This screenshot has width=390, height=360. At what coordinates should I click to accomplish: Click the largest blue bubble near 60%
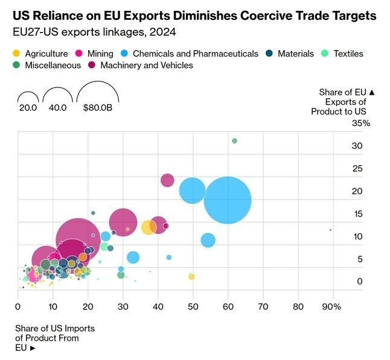coord(228,200)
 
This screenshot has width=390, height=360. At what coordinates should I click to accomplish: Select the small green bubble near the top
coord(234,141)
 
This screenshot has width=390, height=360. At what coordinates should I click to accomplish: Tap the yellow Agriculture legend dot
coord(17,54)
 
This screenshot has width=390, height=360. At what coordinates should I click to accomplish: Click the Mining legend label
coord(100,54)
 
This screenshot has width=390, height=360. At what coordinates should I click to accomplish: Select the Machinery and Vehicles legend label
coord(147,65)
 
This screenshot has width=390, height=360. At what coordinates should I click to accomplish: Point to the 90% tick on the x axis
coord(331,307)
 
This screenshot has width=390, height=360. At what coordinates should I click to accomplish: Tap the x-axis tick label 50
coord(193,307)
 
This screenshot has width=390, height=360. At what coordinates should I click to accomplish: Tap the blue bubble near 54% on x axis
coord(208,240)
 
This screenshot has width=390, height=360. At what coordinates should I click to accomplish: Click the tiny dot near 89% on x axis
coord(330,230)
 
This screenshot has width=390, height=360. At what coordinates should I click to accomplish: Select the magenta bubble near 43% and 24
coord(167,180)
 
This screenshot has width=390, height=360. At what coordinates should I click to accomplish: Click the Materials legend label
coord(296,54)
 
